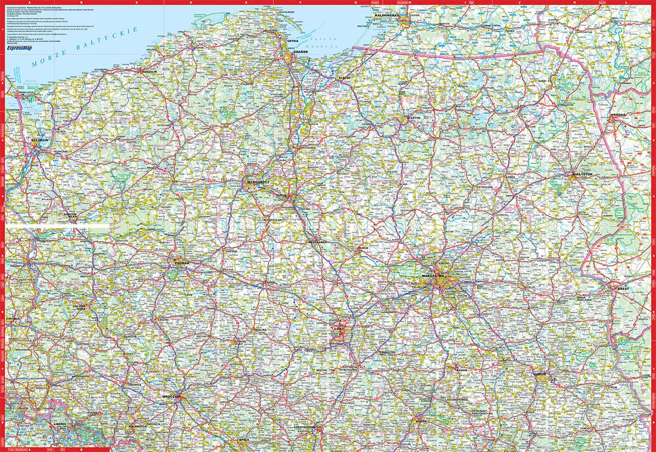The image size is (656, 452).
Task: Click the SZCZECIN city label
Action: click(40, 140)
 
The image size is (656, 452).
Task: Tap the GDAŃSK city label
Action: click(298, 51)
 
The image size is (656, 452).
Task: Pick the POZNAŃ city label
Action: click(181, 263)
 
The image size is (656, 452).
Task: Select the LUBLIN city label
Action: click(541, 374)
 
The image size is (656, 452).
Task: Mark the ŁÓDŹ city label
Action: click(337, 329)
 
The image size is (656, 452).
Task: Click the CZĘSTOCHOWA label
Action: click(306, 426)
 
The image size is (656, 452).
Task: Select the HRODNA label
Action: click(618, 115)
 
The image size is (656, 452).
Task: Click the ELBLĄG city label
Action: click(344, 78)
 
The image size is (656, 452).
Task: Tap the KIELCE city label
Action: click(420, 421)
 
